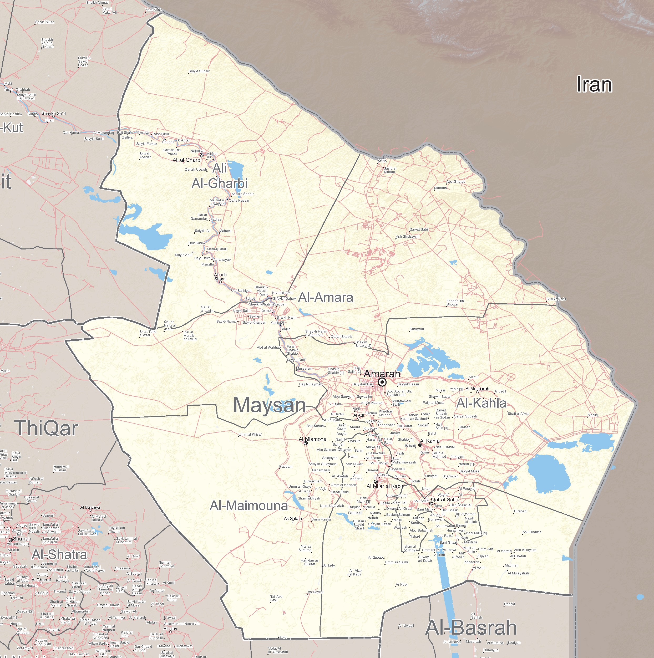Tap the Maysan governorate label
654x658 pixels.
point(269,405)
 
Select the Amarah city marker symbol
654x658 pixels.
point(382,382)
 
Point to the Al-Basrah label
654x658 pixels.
point(471,628)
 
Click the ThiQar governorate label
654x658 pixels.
point(46,428)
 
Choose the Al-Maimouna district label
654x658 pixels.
point(249,506)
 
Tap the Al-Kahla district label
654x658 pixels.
point(481,403)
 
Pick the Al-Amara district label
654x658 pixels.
point(326,297)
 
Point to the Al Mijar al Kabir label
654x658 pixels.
point(384,486)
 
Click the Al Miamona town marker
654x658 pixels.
point(306,443)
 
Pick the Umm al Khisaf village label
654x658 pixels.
point(250,435)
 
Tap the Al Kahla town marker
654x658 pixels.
point(420,445)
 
